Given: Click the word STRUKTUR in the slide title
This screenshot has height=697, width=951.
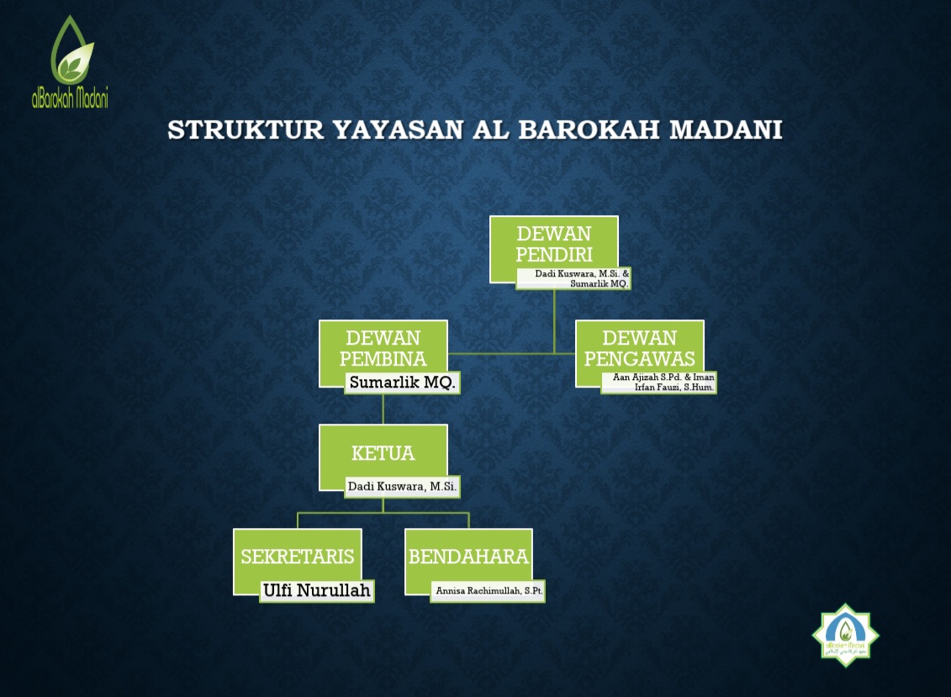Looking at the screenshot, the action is [x=246, y=129].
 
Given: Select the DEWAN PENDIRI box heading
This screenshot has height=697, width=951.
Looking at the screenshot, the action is [x=554, y=244].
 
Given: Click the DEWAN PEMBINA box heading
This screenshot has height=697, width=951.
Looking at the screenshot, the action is [x=383, y=348].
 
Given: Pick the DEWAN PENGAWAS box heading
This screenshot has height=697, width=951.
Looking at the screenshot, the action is [x=639, y=348].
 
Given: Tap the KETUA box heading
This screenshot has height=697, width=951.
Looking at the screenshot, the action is [x=383, y=453].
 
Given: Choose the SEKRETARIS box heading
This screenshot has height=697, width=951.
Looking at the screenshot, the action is [x=297, y=557].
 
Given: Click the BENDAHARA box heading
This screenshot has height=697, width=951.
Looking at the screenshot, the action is [x=468, y=557].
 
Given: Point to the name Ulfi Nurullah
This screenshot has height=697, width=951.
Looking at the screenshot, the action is [x=317, y=590].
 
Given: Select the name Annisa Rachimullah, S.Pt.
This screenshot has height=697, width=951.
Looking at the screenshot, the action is [x=489, y=591].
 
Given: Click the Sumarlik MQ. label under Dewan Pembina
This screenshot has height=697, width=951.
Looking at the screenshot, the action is [x=402, y=383].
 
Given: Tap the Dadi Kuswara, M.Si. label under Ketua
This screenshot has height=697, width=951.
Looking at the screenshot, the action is [x=402, y=487].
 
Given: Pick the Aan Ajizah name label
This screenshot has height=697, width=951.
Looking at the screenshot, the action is [x=663, y=383].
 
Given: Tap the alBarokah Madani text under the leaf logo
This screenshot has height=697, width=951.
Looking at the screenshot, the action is [x=70, y=97].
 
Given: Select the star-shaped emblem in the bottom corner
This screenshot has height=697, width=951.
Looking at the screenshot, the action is [x=845, y=635].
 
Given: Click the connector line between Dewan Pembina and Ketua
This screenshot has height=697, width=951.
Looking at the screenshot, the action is [x=383, y=409].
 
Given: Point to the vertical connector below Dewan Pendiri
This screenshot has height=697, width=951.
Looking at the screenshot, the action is [x=554, y=321].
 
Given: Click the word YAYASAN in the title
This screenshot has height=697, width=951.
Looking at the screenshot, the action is [x=399, y=129].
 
